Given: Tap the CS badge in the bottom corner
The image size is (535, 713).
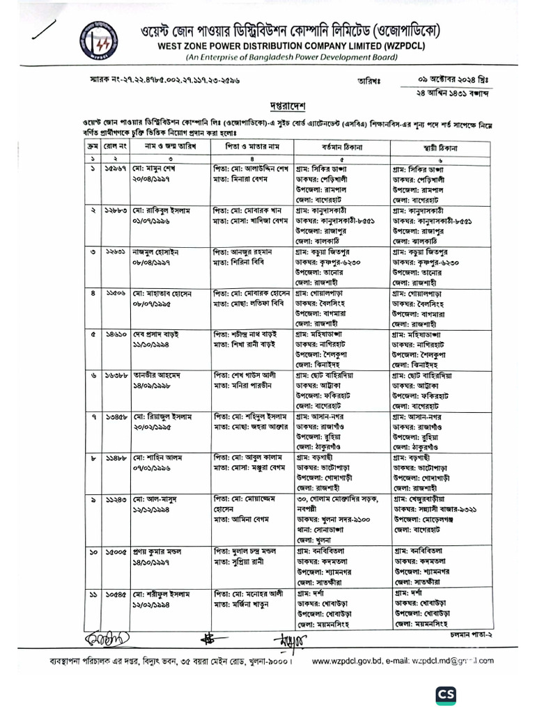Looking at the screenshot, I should click(447, 695).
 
